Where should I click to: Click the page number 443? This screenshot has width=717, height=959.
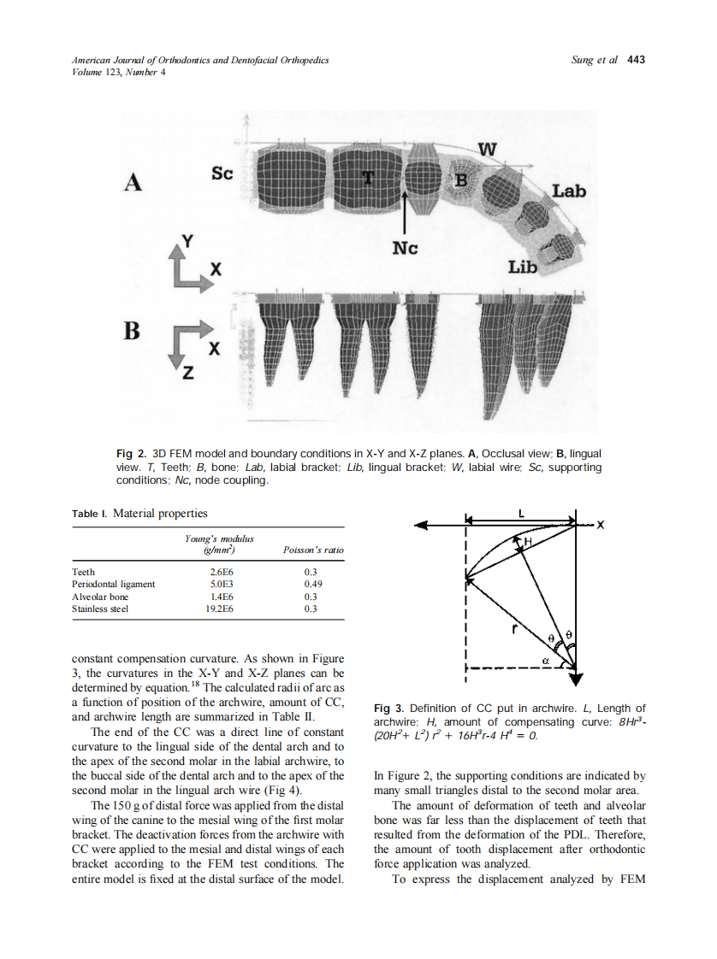(x=636, y=60)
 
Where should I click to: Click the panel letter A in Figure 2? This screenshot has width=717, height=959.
(x=133, y=182)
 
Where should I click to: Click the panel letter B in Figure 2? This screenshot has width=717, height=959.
(x=131, y=331)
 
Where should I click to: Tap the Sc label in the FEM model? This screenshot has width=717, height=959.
(x=222, y=174)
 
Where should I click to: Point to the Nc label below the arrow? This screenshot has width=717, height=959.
(x=405, y=248)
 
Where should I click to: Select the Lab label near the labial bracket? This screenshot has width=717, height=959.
(x=568, y=191)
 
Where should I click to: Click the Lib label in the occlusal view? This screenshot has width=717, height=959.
(x=522, y=267)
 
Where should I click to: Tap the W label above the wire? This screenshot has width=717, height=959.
(x=486, y=149)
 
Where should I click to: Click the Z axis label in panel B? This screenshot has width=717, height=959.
(x=187, y=374)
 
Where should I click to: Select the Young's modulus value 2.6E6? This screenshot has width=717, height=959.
(x=222, y=572)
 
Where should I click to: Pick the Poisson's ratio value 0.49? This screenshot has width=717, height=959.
(x=312, y=584)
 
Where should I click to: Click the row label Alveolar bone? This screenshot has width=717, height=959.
(x=100, y=597)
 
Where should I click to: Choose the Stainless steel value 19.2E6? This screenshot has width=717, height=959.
(x=220, y=609)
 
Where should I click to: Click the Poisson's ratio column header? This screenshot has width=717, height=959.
(x=312, y=550)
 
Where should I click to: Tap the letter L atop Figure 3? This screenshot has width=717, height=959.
(x=521, y=514)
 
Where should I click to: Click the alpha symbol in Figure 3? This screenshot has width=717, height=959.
(x=545, y=660)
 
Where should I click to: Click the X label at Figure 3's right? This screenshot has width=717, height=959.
(x=600, y=525)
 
